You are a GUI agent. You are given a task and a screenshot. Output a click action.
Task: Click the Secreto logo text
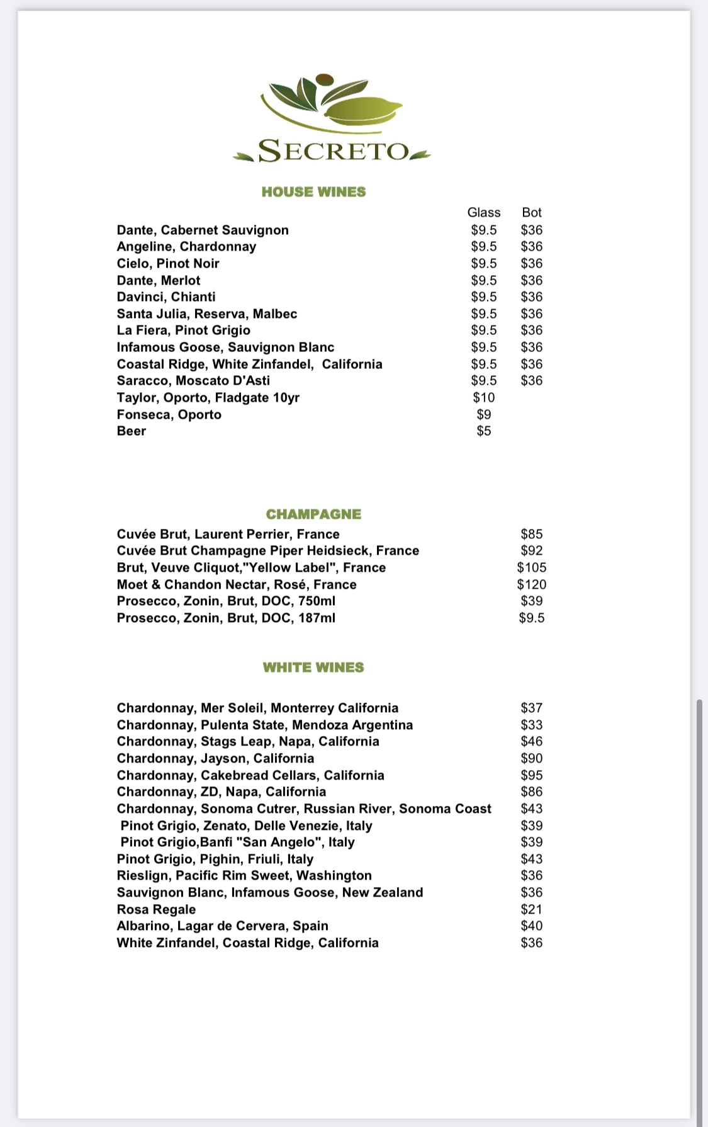334,151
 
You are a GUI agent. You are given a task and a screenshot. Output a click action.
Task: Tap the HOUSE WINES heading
313,192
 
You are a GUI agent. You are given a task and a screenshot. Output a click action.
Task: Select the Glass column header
483,212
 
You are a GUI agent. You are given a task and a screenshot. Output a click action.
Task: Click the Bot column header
531,212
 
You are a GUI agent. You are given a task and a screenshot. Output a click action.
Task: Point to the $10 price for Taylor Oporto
483,397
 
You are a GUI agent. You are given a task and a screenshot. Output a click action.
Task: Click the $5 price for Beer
483,431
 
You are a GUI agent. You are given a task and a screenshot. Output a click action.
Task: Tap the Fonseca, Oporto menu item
169,414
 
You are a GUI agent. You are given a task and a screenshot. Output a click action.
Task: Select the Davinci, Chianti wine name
166,297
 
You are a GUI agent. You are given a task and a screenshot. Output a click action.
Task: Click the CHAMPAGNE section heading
313,514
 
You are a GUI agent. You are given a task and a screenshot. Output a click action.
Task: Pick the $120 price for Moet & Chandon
531,584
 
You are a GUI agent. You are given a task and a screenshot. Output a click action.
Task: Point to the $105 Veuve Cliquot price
531,567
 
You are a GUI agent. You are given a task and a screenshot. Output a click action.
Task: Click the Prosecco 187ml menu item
226,618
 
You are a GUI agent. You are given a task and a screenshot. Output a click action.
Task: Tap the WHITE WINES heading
313,667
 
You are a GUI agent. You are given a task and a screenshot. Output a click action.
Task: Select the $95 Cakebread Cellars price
531,775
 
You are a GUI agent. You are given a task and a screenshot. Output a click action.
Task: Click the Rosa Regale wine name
156,909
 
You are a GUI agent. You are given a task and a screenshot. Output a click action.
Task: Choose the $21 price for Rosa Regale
531,909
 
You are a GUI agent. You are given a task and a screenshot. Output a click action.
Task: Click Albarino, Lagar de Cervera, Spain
222,926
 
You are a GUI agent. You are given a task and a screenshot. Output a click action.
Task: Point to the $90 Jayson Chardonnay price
531,758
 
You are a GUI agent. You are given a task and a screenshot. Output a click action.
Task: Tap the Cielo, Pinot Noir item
168,263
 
